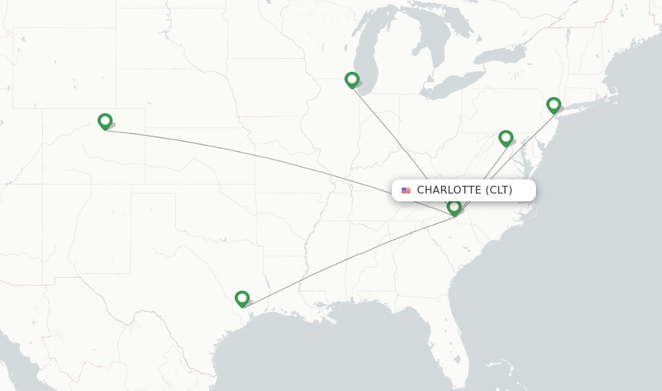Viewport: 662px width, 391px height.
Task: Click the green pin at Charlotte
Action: [454, 207]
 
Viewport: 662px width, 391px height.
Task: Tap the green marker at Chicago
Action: [352, 80]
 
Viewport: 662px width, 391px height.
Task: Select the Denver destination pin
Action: [105, 121]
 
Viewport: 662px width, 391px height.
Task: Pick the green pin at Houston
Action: [242, 298]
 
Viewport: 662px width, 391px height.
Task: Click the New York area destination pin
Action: [553, 104]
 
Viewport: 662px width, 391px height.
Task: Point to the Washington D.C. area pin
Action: [506, 137]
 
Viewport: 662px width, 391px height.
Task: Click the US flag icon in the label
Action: [406, 190]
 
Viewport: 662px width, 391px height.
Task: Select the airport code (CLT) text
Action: [498, 190]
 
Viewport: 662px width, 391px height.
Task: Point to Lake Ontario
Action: [498, 57]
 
